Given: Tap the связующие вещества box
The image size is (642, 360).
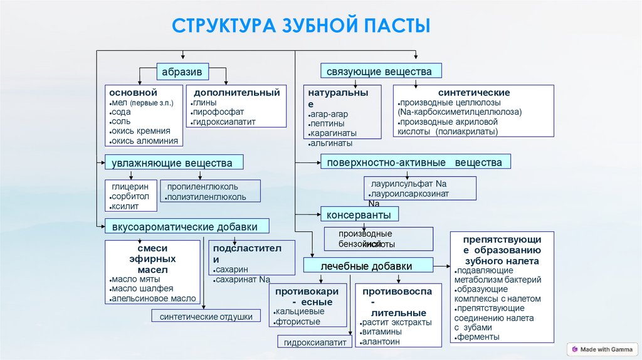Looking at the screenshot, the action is click(x=380, y=71).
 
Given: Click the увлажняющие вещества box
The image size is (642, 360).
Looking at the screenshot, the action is click(x=174, y=163).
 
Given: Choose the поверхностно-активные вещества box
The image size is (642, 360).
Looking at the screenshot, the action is click(x=415, y=162).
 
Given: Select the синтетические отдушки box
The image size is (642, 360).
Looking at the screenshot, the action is click(x=206, y=317).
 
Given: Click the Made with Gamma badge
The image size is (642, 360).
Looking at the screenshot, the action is click(x=601, y=349).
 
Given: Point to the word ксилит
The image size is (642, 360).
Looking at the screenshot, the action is click(x=124, y=206).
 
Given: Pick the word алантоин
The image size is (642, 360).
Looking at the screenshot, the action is click(x=381, y=342).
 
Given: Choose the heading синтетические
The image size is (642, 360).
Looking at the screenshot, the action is click(x=474, y=92).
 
